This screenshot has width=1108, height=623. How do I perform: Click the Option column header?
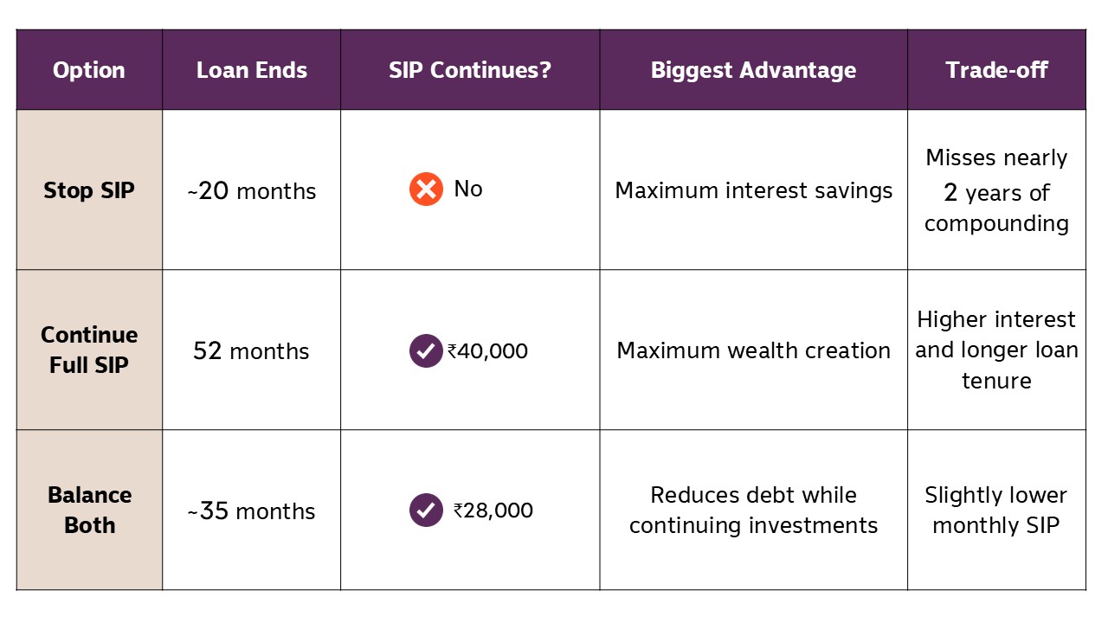coord(89,70)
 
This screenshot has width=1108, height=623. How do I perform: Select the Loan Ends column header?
coord(252,70)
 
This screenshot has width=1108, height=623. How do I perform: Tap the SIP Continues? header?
coord(470,70)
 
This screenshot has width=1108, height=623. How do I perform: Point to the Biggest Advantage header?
coord(753,70)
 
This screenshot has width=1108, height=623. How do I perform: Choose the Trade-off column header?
coord(996,70)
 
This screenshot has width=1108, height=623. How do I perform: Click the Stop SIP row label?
coord(89,190)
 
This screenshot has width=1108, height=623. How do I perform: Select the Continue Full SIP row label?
coord(89,350)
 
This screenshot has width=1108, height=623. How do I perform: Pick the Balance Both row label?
coord(89,510)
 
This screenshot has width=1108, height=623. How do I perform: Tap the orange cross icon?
coord(426,189)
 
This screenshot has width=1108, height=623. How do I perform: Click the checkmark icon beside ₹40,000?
coord(426,350)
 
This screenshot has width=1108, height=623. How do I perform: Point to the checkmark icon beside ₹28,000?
coord(426,510)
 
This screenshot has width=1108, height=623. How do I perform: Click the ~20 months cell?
coord(251,191)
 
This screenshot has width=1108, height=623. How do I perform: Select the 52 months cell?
coord(251,351)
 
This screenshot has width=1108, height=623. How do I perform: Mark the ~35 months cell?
coord(251,511)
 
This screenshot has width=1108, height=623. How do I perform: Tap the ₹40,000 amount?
coord(487,351)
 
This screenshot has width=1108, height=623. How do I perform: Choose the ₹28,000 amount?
coord(493,511)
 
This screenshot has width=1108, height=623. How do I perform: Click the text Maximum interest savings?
coord(753,190)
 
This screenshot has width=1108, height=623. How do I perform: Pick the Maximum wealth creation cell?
coord(753,350)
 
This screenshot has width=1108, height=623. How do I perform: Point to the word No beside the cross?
coord(468,189)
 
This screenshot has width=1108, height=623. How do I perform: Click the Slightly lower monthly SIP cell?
coord(996,510)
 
